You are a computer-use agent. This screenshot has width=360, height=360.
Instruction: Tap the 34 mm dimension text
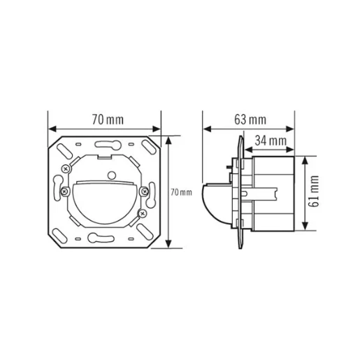tap(271, 142)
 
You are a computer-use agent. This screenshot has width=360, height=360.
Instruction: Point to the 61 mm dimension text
tap(315, 192)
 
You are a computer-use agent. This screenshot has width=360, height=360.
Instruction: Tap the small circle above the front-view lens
tap(110, 173)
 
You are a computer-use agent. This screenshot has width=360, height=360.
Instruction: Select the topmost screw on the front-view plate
tap(66, 168)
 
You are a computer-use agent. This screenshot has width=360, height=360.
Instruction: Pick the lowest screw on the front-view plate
tap(142, 213)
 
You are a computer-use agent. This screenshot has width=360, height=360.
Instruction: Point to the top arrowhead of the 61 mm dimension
tap(305, 159)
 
